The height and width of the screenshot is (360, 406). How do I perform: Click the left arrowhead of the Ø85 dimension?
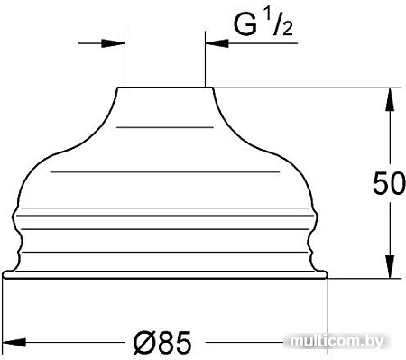click(x=14, y=342)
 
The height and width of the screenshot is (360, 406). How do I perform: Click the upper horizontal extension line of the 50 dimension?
click(x=307, y=88)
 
